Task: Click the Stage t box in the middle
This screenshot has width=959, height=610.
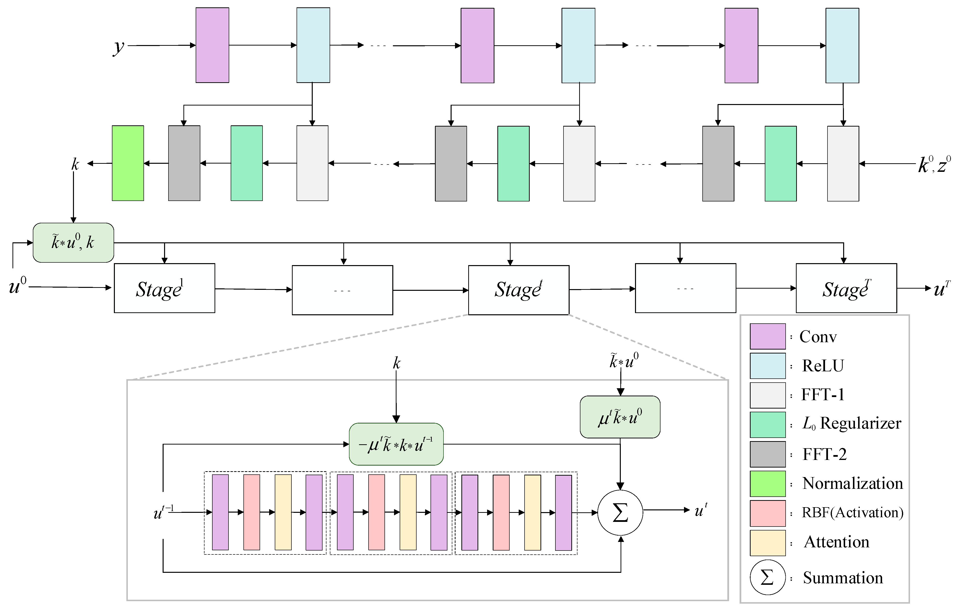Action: point(518,290)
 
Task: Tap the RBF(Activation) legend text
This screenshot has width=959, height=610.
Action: point(852,513)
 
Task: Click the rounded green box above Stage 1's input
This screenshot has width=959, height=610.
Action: point(73,243)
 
